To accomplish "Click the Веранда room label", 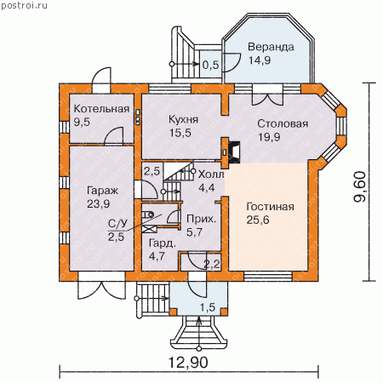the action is (x=271, y=47).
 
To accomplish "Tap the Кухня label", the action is (x=183, y=119).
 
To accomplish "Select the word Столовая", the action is (x=283, y=123).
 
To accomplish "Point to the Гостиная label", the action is (x=270, y=207).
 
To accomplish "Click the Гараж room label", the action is (x=102, y=191).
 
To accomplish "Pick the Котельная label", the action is (x=101, y=109).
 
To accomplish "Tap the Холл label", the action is (x=211, y=174).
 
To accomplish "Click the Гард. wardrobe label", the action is (x=163, y=243).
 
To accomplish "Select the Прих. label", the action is (x=201, y=219).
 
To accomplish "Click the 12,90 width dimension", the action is (x=188, y=363).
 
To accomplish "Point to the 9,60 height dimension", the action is (x=360, y=186).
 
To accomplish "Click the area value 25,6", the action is (x=258, y=220).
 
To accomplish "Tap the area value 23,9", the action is (x=98, y=203).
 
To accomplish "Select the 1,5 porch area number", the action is (x=208, y=307).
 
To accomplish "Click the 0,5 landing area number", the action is (x=211, y=65).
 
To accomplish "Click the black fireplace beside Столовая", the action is (x=234, y=152).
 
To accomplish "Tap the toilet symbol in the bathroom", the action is (x=148, y=214).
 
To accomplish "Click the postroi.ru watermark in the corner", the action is (x=24, y=5).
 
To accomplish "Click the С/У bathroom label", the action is (x=117, y=224).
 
